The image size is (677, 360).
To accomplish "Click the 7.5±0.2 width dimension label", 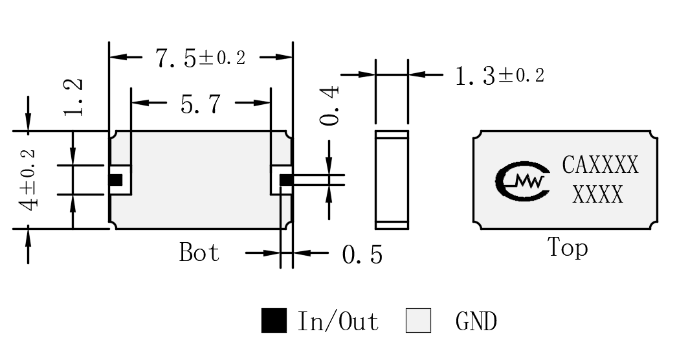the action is [x=201, y=58].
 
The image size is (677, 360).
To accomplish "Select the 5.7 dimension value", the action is [x=201, y=104].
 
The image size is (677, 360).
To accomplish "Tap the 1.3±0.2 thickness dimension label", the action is [x=500, y=76].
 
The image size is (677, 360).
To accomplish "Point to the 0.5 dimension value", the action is [x=362, y=254].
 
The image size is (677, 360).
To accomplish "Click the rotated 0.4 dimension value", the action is [x=330, y=106].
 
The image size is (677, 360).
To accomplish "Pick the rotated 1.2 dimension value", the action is [x=73, y=97].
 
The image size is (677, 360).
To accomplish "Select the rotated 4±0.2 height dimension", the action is [x=29, y=180].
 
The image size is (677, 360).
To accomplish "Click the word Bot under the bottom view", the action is [x=199, y=252].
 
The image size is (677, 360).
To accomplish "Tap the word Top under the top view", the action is [x=568, y=247].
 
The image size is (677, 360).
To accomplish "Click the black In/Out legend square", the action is [x=274, y=321].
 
